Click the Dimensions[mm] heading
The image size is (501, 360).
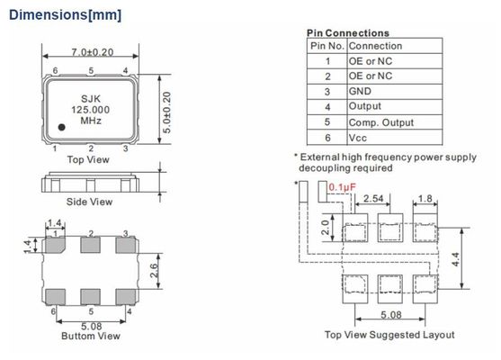pyautogui.click(x=65, y=15)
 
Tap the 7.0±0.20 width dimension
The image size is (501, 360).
pyautogui.click(x=93, y=52)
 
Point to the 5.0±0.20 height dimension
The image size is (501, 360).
pyautogui.click(x=166, y=112)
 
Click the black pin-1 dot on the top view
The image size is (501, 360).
pyautogui.click(x=62, y=127)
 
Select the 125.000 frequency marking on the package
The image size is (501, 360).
pyautogui.click(x=91, y=110)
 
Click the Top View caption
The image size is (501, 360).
pyautogui.click(x=88, y=159)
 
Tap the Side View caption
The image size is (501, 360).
pyautogui.click(x=89, y=202)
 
